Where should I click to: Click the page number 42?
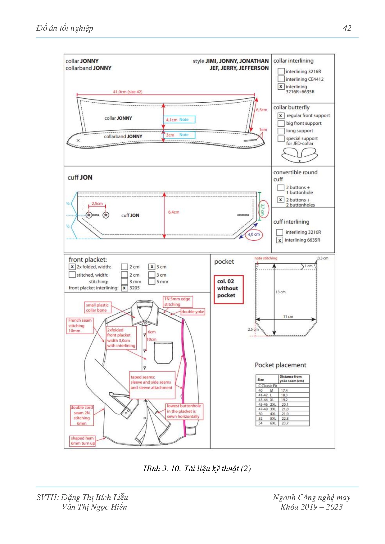pyautogui.click(x=347, y=28)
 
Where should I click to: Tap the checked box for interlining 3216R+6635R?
pyautogui.click(x=281, y=87)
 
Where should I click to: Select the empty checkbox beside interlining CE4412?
pyautogui.click(x=281, y=79)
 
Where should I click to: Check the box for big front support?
pyautogui.click(x=281, y=123)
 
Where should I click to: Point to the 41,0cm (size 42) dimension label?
pyautogui.click(x=128, y=92)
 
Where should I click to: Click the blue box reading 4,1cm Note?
pyautogui.click(x=179, y=120)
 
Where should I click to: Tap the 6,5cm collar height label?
pyautogui.click(x=261, y=110)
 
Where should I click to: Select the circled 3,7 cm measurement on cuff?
pyautogui.click(x=263, y=209)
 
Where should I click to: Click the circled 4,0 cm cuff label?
pyautogui.click(x=254, y=234)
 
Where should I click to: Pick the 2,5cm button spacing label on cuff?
pyautogui.click(x=97, y=204)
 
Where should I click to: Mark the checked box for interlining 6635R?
pyautogui.click(x=280, y=240)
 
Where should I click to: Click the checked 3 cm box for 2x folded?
pyautogui.click(x=152, y=267)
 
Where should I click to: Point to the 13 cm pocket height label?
pyautogui.click(x=280, y=292)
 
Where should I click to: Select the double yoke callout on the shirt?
pyautogui.click(x=193, y=312)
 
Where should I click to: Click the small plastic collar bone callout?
pyautogui.click(x=97, y=307)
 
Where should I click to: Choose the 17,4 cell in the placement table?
pyautogui.click(x=284, y=390)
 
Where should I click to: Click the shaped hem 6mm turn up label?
pyautogui.click(x=82, y=441)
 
